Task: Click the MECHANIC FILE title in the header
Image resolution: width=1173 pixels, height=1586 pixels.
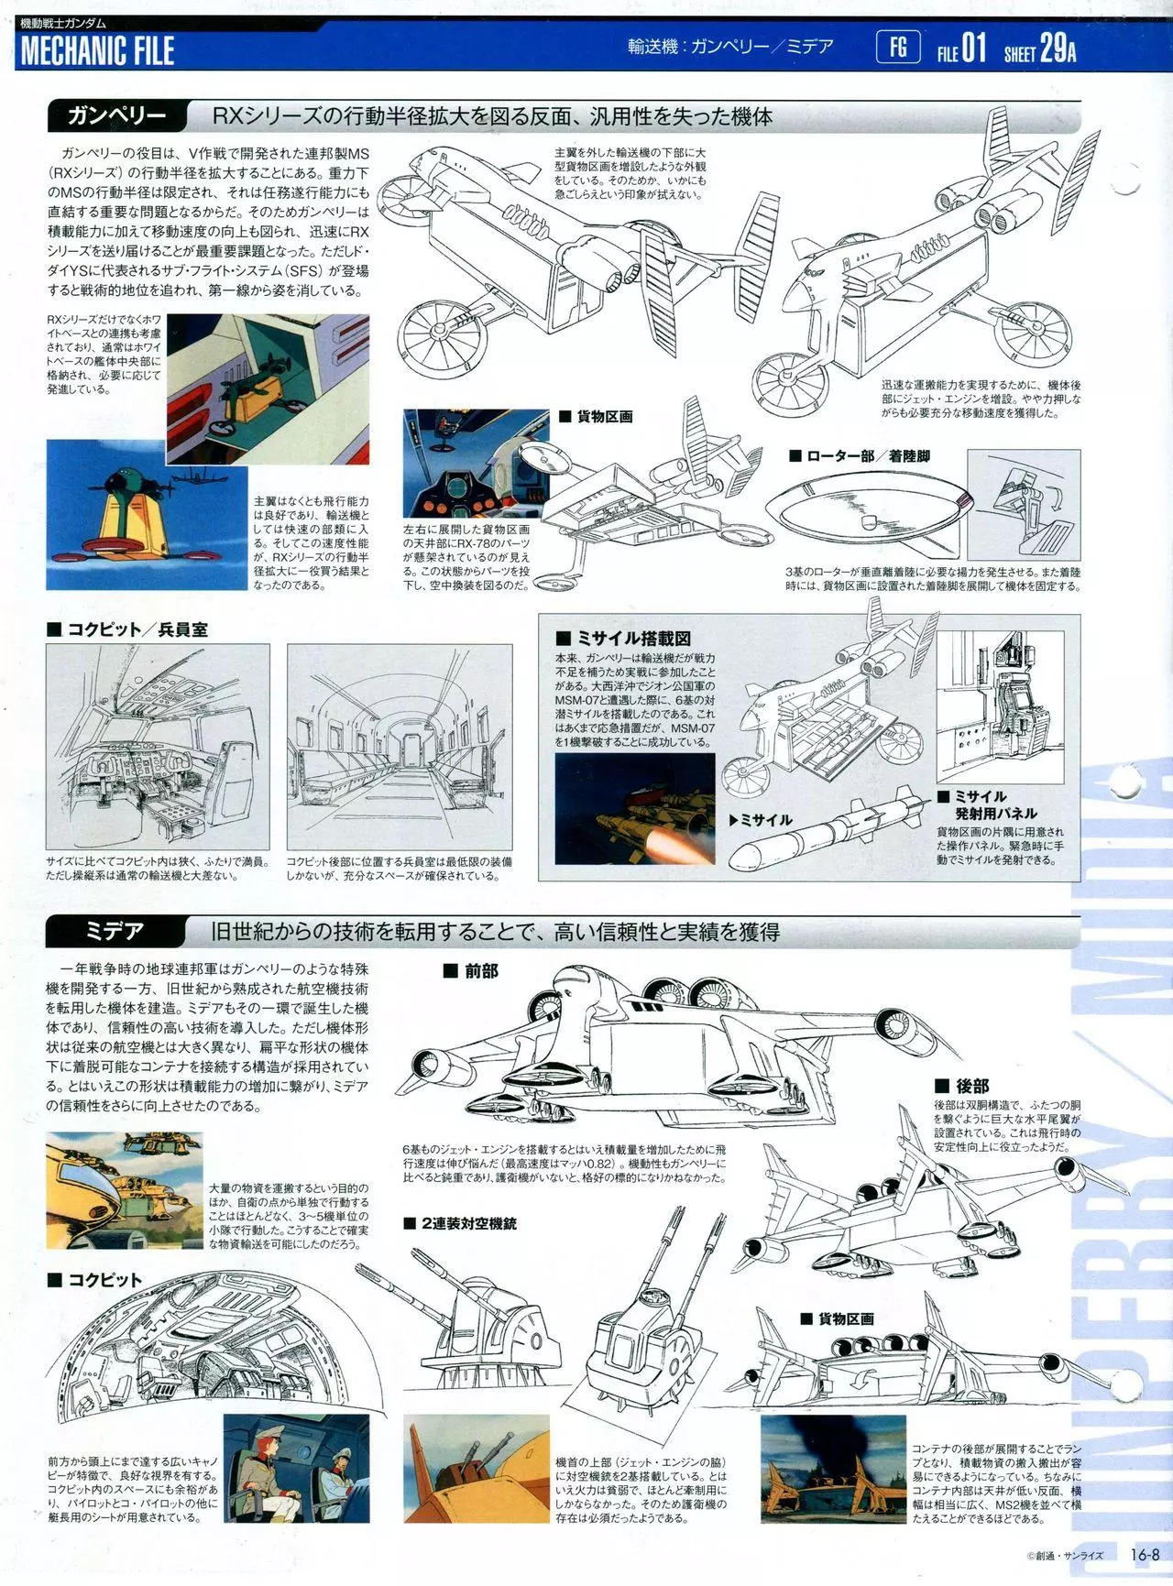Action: [x=97, y=51]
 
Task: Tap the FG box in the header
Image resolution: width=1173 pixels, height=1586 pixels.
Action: [x=898, y=46]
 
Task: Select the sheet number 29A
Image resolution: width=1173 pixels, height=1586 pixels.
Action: [x=1058, y=48]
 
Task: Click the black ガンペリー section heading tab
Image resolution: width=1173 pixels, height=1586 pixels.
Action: [x=116, y=117]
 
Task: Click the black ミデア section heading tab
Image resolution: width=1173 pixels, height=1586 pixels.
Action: [x=116, y=932]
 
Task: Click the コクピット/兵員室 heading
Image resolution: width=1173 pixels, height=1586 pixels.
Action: [x=127, y=629]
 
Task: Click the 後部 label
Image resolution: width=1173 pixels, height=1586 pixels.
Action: [x=962, y=1086]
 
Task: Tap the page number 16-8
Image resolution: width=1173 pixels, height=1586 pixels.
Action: [x=1146, y=1554]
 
